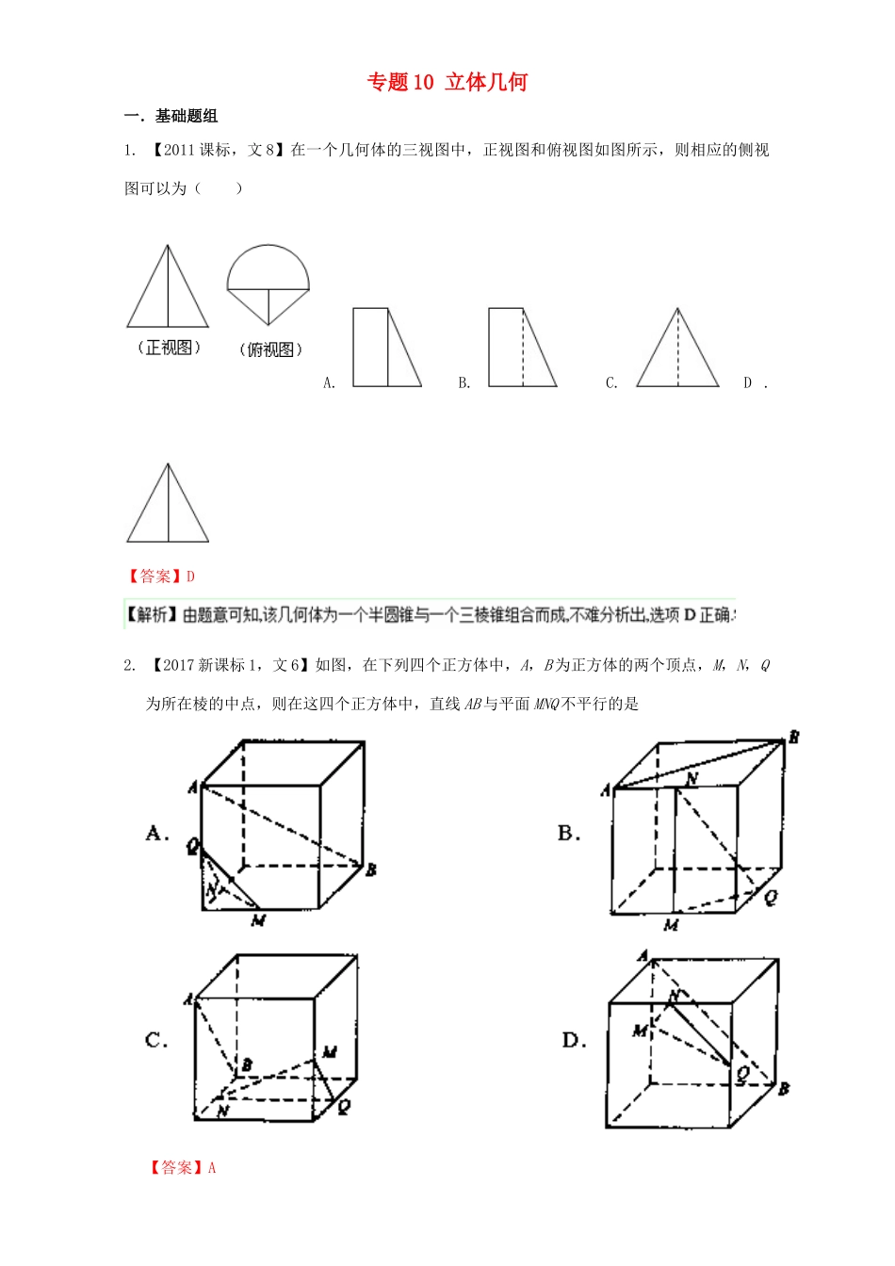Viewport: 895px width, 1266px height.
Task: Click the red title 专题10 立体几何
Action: pyautogui.click(x=447, y=83)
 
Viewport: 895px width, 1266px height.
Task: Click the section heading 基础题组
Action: pyautogui.click(x=186, y=116)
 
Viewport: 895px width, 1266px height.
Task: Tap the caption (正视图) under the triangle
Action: pyautogui.click(x=170, y=348)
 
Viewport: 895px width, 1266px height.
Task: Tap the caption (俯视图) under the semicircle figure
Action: pyautogui.click(x=270, y=349)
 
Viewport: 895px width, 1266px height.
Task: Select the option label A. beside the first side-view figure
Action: pyautogui.click(x=329, y=382)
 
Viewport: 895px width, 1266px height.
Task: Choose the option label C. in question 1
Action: pyautogui.click(x=611, y=382)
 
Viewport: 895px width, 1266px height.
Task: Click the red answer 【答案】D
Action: pyautogui.click(x=160, y=576)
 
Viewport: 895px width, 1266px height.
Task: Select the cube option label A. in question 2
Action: pyautogui.click(x=157, y=833)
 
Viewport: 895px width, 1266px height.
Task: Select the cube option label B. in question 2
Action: pyautogui.click(x=568, y=833)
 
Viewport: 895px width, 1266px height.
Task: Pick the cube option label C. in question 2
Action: pyautogui.click(x=156, y=1040)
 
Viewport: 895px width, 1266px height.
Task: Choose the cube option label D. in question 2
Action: pyautogui.click(x=574, y=1040)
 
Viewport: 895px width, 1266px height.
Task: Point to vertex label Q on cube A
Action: pyautogui.click(x=192, y=846)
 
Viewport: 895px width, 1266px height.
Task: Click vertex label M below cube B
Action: pyautogui.click(x=671, y=925)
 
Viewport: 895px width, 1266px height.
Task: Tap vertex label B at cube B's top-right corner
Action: pyautogui.click(x=793, y=738)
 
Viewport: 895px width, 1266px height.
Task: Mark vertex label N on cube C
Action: pyautogui.click(x=222, y=1111)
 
